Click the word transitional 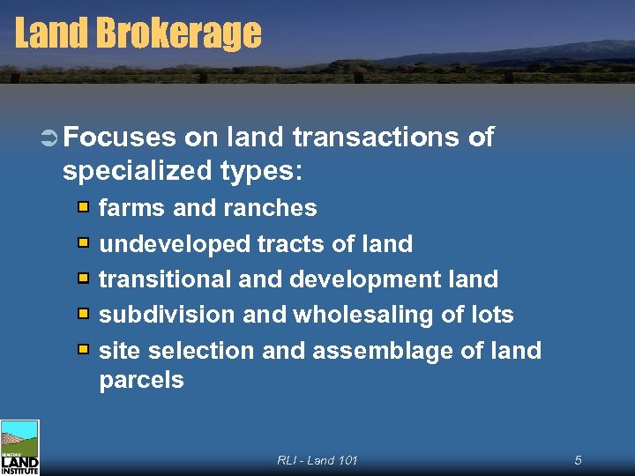click(165, 279)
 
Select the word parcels click(141, 381)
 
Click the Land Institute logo click(19, 448)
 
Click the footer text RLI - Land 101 click(317, 460)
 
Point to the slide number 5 click(578, 460)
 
